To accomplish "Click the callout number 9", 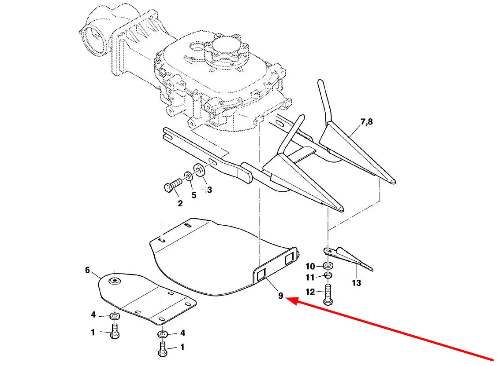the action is coord(280,296).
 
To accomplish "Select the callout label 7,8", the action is coord(366,122).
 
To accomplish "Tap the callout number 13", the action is coord(357,283).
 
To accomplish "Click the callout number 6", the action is coord(88,270).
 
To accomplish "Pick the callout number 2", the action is coord(180,203).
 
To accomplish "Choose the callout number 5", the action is coord(194,195).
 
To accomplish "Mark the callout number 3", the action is coord(209,190).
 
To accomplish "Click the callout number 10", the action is coord(310,266).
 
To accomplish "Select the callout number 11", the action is coord(310,277).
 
